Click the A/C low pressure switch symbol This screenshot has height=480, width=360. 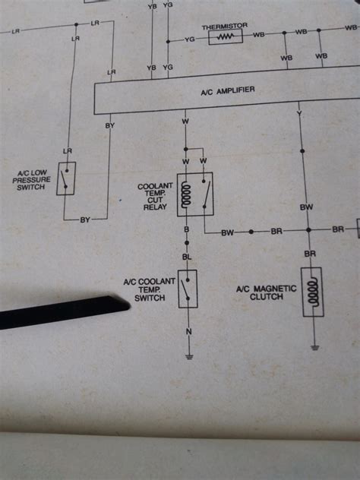point(65,178)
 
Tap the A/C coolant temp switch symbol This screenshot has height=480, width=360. point(188,289)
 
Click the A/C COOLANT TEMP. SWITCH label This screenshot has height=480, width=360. point(150,289)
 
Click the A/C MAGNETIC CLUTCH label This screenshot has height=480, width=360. point(260,292)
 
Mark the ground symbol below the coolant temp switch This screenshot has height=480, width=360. point(188,354)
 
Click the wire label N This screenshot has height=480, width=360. point(188,332)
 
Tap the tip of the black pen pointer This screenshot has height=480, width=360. point(126,305)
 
